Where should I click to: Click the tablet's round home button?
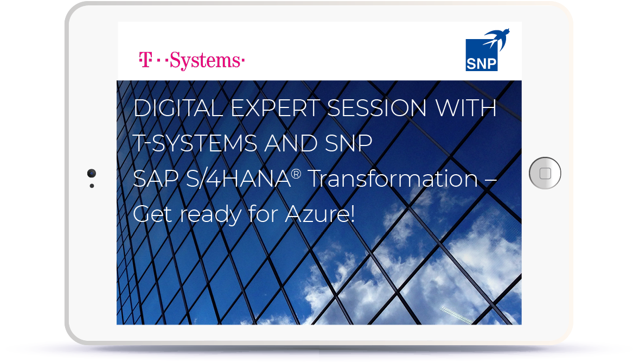(x=545, y=173)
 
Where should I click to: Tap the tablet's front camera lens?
(x=92, y=173)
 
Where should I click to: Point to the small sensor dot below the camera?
(x=92, y=186)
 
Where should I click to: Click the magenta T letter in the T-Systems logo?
(x=145, y=59)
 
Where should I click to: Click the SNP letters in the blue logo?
(x=481, y=64)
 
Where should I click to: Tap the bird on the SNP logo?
(x=496, y=40)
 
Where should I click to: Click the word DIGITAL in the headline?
(x=177, y=109)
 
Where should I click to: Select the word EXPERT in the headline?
(x=275, y=109)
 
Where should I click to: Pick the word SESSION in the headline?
(x=376, y=109)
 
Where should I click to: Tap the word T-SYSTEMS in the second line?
(x=195, y=143)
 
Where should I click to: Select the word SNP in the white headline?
(x=348, y=143)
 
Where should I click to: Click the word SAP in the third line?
(x=156, y=179)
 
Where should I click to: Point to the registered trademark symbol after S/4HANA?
(x=296, y=174)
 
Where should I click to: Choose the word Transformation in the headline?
(x=393, y=179)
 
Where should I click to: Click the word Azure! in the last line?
(x=319, y=214)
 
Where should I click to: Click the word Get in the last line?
(x=152, y=214)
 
